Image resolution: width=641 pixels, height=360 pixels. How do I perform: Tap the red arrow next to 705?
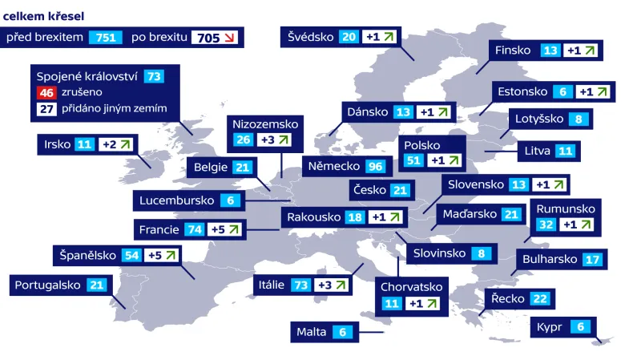pyautogui.click(x=229, y=38)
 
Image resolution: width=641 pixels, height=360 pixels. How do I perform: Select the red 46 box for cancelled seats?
pyautogui.click(x=46, y=93)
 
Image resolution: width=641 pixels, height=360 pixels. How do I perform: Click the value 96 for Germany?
pyautogui.click(x=374, y=167)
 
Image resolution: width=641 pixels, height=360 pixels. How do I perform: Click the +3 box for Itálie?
pyautogui.click(x=333, y=285)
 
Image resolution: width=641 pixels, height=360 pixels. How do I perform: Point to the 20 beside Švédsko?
pyautogui.click(x=349, y=37)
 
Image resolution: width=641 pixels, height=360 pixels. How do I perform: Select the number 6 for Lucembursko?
pyautogui.click(x=231, y=200)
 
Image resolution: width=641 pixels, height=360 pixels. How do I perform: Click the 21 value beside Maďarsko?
pyautogui.click(x=511, y=215)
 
